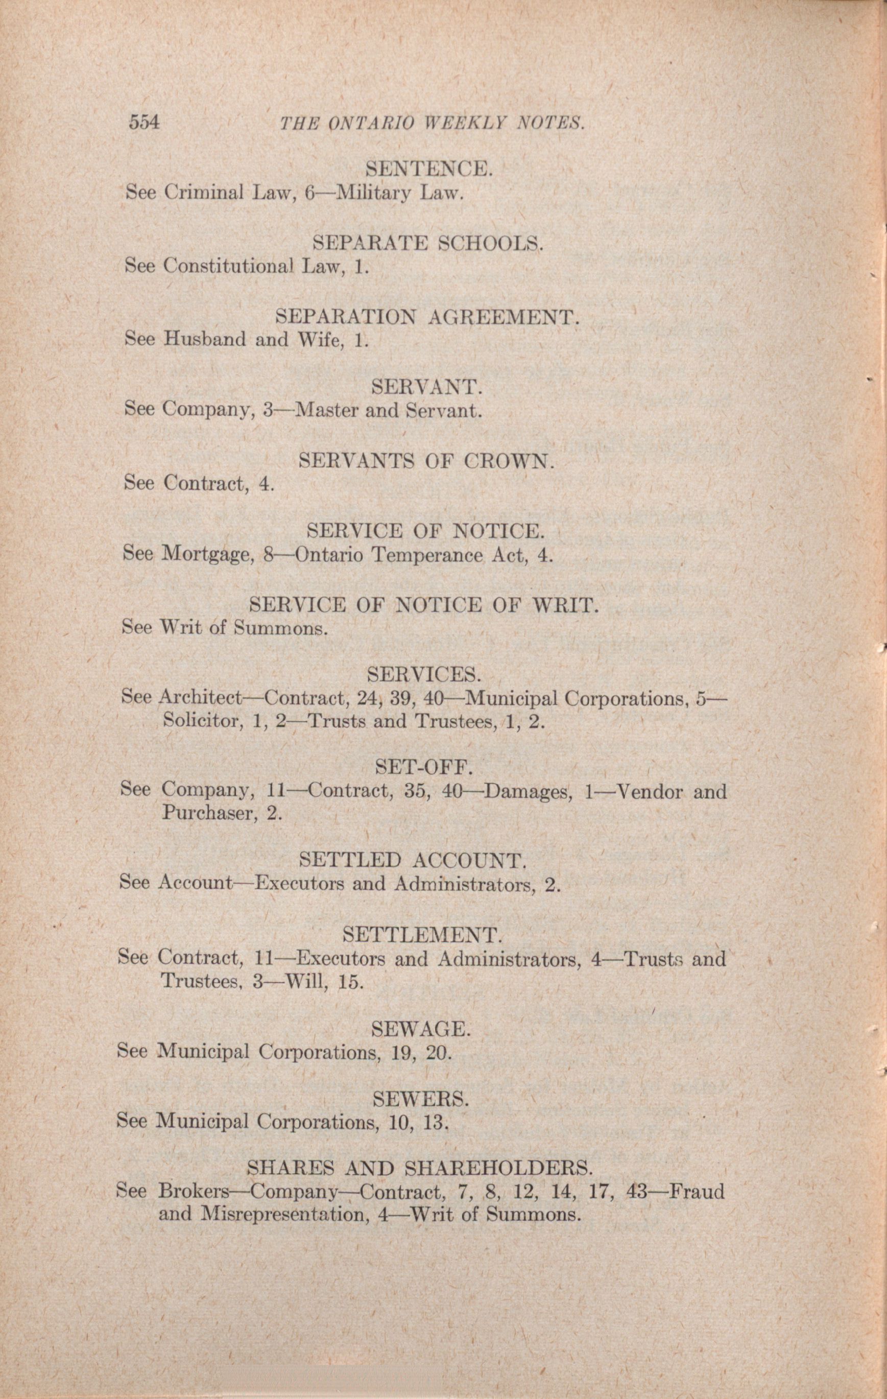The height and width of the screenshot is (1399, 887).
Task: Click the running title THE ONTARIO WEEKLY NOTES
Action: point(431,123)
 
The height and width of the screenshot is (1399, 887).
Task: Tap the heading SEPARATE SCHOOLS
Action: point(427,242)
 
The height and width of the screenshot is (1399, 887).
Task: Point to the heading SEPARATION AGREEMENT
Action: point(427,317)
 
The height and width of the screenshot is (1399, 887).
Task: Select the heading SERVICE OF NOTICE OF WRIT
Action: point(423,606)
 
